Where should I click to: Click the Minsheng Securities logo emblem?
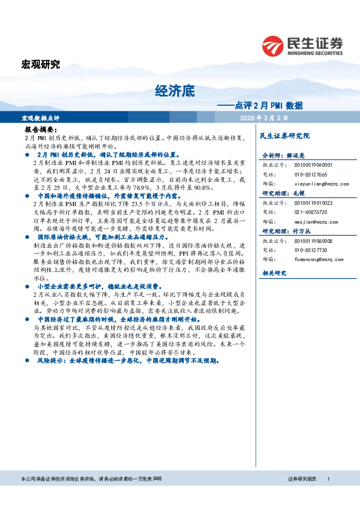[x=272, y=45]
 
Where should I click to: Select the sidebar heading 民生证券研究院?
[x=284, y=135]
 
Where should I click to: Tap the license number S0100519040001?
[x=313, y=164]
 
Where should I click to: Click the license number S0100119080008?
[x=313, y=240]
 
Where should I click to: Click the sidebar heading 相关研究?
[x=272, y=273]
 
